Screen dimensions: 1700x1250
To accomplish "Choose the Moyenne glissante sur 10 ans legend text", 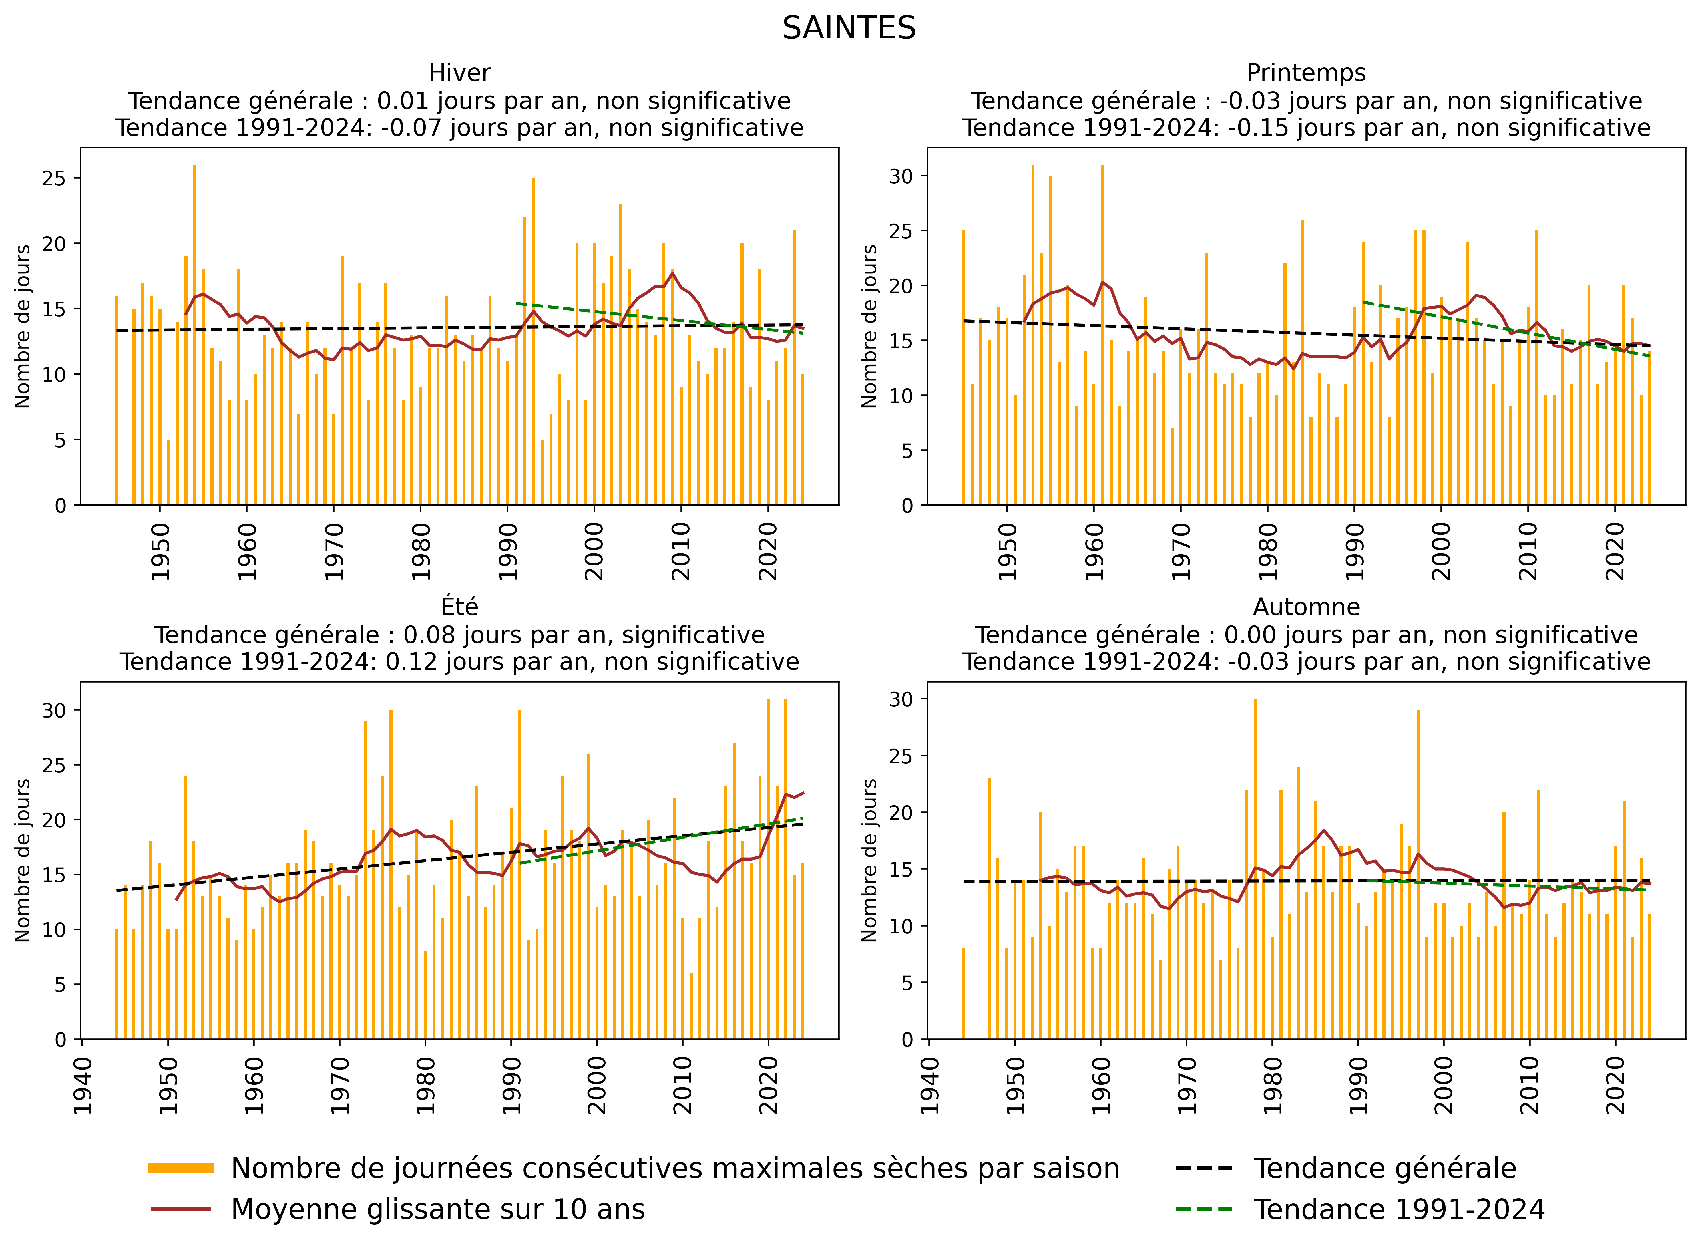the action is tap(438, 1209).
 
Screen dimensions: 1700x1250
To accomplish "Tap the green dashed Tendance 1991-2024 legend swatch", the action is tap(1205, 1209).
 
